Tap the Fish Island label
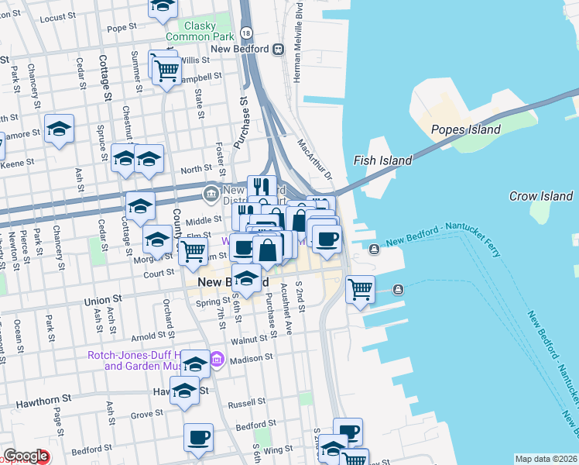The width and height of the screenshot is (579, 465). (382, 160)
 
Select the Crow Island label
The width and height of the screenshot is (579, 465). (541, 196)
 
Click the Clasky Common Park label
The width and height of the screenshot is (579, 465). (200, 30)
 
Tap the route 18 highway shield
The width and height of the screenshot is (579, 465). (246, 33)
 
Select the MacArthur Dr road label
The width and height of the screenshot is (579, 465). (314, 158)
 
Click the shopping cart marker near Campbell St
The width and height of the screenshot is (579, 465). (166, 71)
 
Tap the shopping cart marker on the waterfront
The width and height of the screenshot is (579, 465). (360, 290)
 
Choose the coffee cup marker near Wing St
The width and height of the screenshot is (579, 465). (199, 437)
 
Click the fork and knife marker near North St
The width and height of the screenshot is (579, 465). (262, 187)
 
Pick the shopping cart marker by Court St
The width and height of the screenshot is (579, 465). (193, 251)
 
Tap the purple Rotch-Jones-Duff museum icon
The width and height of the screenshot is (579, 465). (216, 359)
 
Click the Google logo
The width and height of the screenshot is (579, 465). (26, 456)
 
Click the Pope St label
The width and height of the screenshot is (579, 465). (122, 28)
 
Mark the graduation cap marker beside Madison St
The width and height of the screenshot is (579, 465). (197, 363)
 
